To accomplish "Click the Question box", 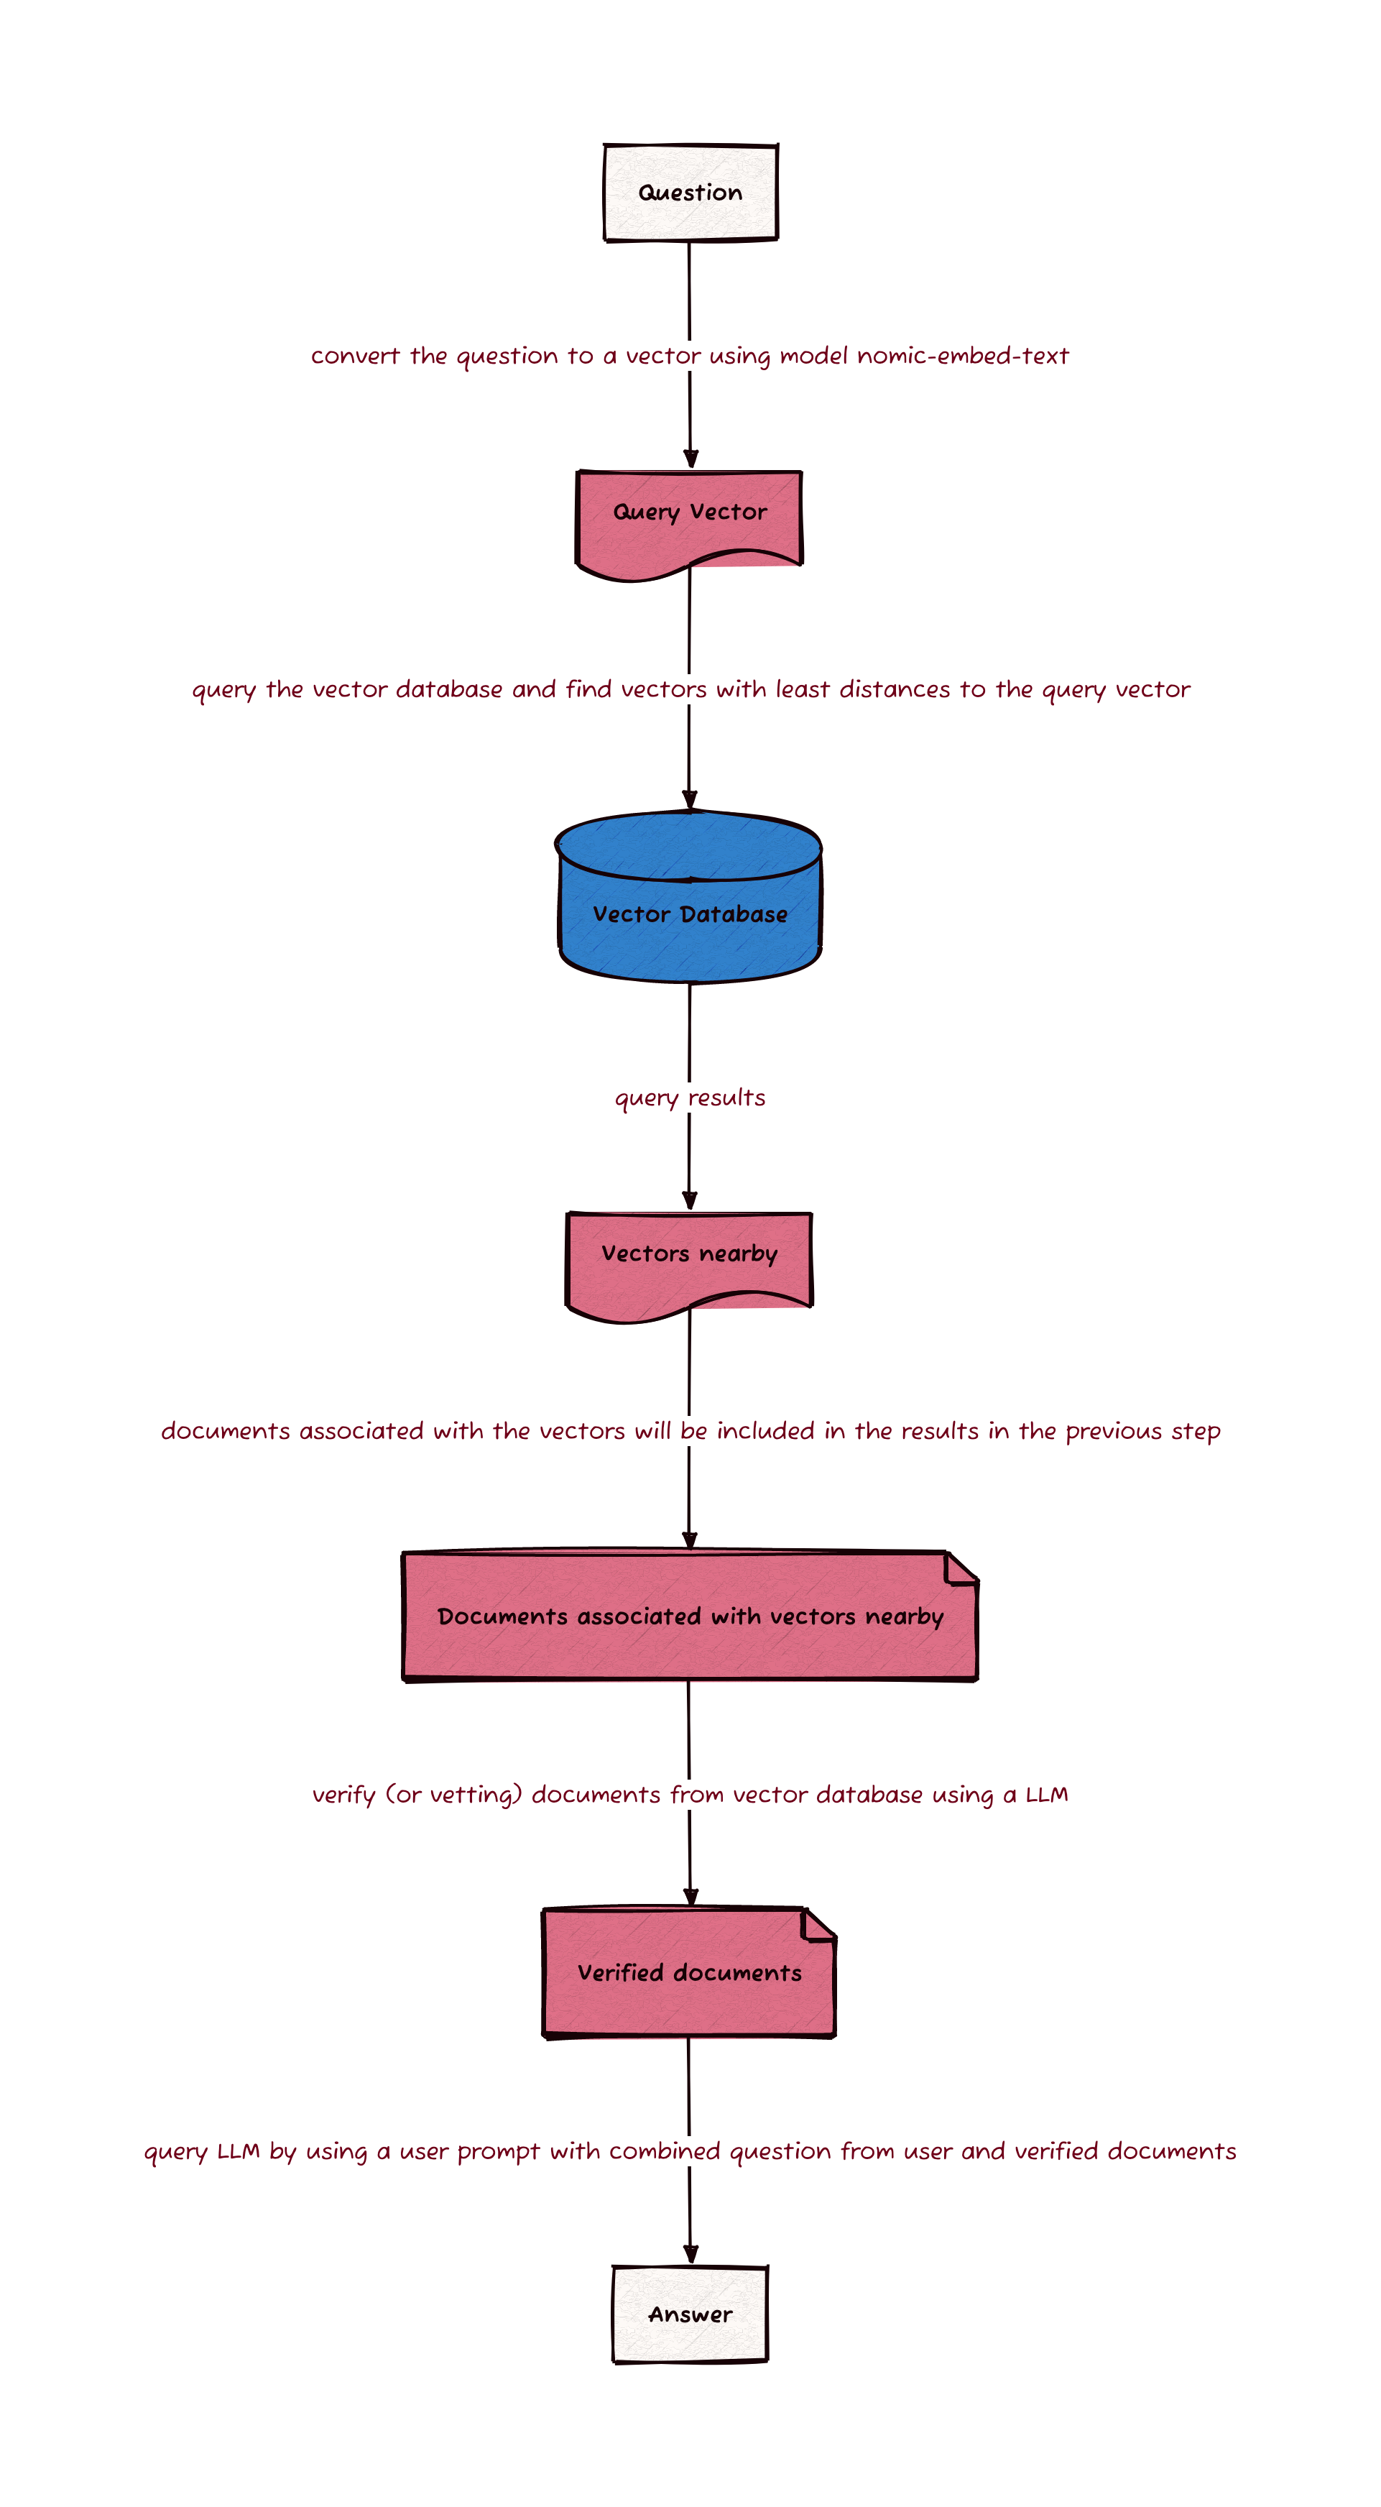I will click(x=690, y=193).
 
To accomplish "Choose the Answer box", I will click(x=690, y=2314).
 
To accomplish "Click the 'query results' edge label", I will click(x=690, y=1098).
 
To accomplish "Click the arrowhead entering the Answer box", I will click(x=690, y=2254).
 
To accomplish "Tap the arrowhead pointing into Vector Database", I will click(x=689, y=800).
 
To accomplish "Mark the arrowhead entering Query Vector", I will click(x=690, y=459).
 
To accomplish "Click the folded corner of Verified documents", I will click(x=819, y=1924).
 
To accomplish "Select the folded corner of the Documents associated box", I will click(x=961, y=1568).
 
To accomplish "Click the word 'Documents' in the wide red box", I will click(x=502, y=1616).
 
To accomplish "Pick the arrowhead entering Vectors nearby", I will click(x=689, y=1201).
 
